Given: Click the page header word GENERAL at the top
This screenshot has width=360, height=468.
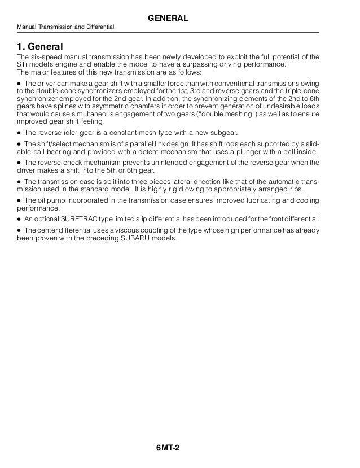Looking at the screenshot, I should point(168,19).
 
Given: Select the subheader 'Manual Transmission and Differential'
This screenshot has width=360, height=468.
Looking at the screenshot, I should point(65,28).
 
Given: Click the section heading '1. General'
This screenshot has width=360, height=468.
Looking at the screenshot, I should point(40,45).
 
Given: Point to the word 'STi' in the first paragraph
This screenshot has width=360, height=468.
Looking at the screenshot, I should point(23,64).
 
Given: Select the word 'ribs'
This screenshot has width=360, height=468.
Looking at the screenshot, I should point(300,190).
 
